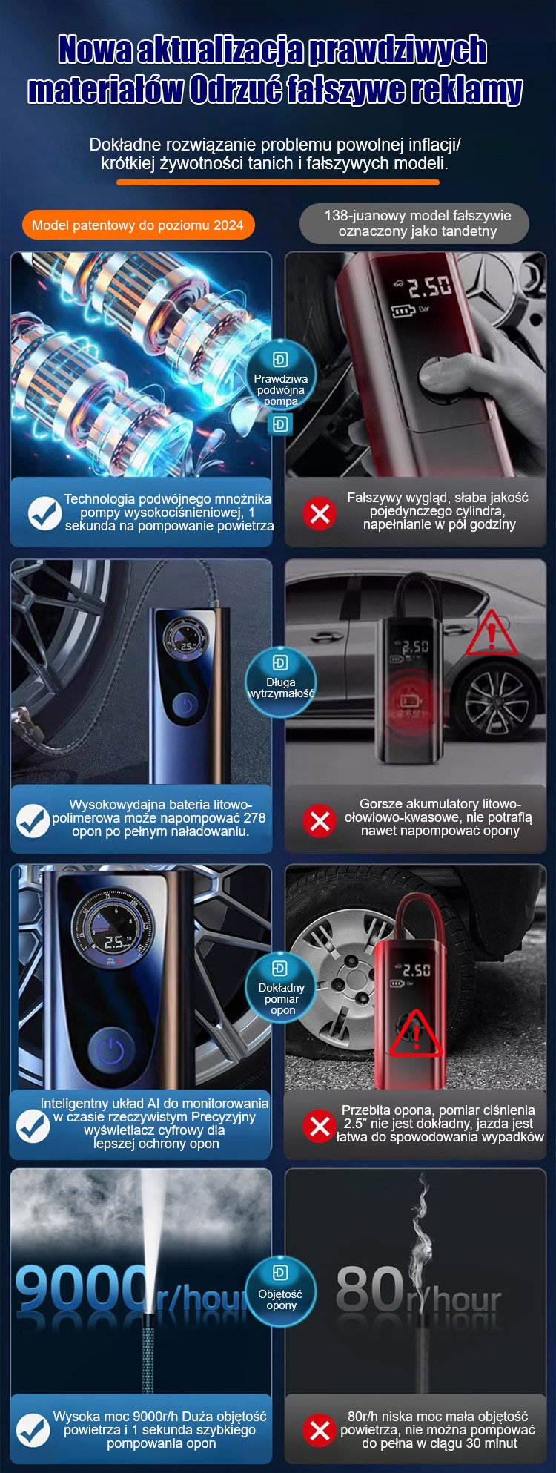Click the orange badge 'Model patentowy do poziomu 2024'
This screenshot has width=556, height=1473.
point(138,225)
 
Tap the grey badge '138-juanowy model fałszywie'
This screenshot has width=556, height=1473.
point(414,223)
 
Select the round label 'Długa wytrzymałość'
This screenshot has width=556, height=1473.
point(281,682)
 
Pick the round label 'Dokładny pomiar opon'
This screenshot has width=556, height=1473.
point(281,989)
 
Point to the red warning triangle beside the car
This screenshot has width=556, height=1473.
point(491,634)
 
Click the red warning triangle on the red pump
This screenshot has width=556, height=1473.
point(417,1034)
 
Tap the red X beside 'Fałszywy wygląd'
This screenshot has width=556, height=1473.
point(320,513)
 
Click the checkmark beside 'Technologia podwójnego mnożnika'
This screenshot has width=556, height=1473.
point(44,513)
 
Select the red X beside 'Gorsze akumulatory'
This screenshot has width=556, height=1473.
point(320,820)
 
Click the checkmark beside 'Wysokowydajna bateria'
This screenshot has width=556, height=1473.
point(33,820)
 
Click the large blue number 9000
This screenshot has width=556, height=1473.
point(80,1288)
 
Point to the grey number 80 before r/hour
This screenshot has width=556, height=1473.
point(370,1289)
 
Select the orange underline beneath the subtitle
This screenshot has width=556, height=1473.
point(278,182)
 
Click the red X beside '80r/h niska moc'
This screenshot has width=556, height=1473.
point(320,1430)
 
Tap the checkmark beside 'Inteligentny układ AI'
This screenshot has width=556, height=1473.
point(33,1126)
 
